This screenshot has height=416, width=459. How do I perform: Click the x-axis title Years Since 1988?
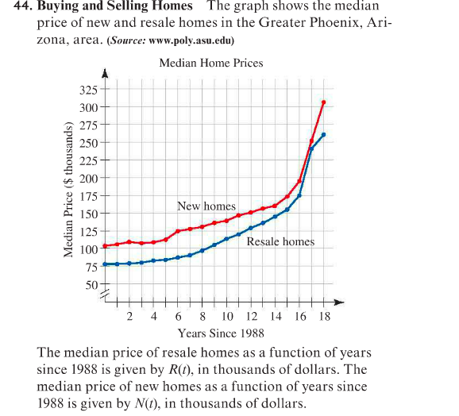coord(221,333)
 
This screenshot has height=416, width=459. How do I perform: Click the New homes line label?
coord(206,206)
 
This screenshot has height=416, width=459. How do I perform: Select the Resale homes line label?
coord(280,241)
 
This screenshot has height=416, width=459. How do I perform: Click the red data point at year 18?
coord(323,102)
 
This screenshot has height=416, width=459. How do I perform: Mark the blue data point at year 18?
coord(323,135)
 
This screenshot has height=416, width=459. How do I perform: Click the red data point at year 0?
coord(105,245)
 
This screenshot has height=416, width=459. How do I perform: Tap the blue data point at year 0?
coord(105,264)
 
